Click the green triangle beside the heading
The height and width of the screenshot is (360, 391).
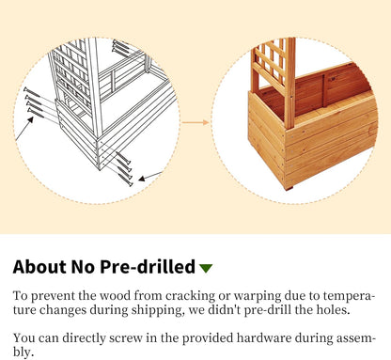click(206, 268)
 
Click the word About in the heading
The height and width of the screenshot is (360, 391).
click(39, 267)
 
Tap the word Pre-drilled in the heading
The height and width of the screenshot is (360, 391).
click(148, 267)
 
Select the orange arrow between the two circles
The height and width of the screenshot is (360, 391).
click(195, 122)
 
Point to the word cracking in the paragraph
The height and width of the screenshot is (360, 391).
click(190, 296)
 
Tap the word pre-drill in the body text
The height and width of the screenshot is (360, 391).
click(268, 310)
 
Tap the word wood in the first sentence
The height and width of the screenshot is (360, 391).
click(115, 296)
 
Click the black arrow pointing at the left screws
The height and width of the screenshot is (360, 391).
click(24, 128)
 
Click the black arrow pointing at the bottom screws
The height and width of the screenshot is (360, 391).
click(150, 176)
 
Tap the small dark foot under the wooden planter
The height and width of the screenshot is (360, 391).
click(289, 188)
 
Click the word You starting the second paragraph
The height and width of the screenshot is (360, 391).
click(23, 338)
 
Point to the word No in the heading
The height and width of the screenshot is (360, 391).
click(83, 267)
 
